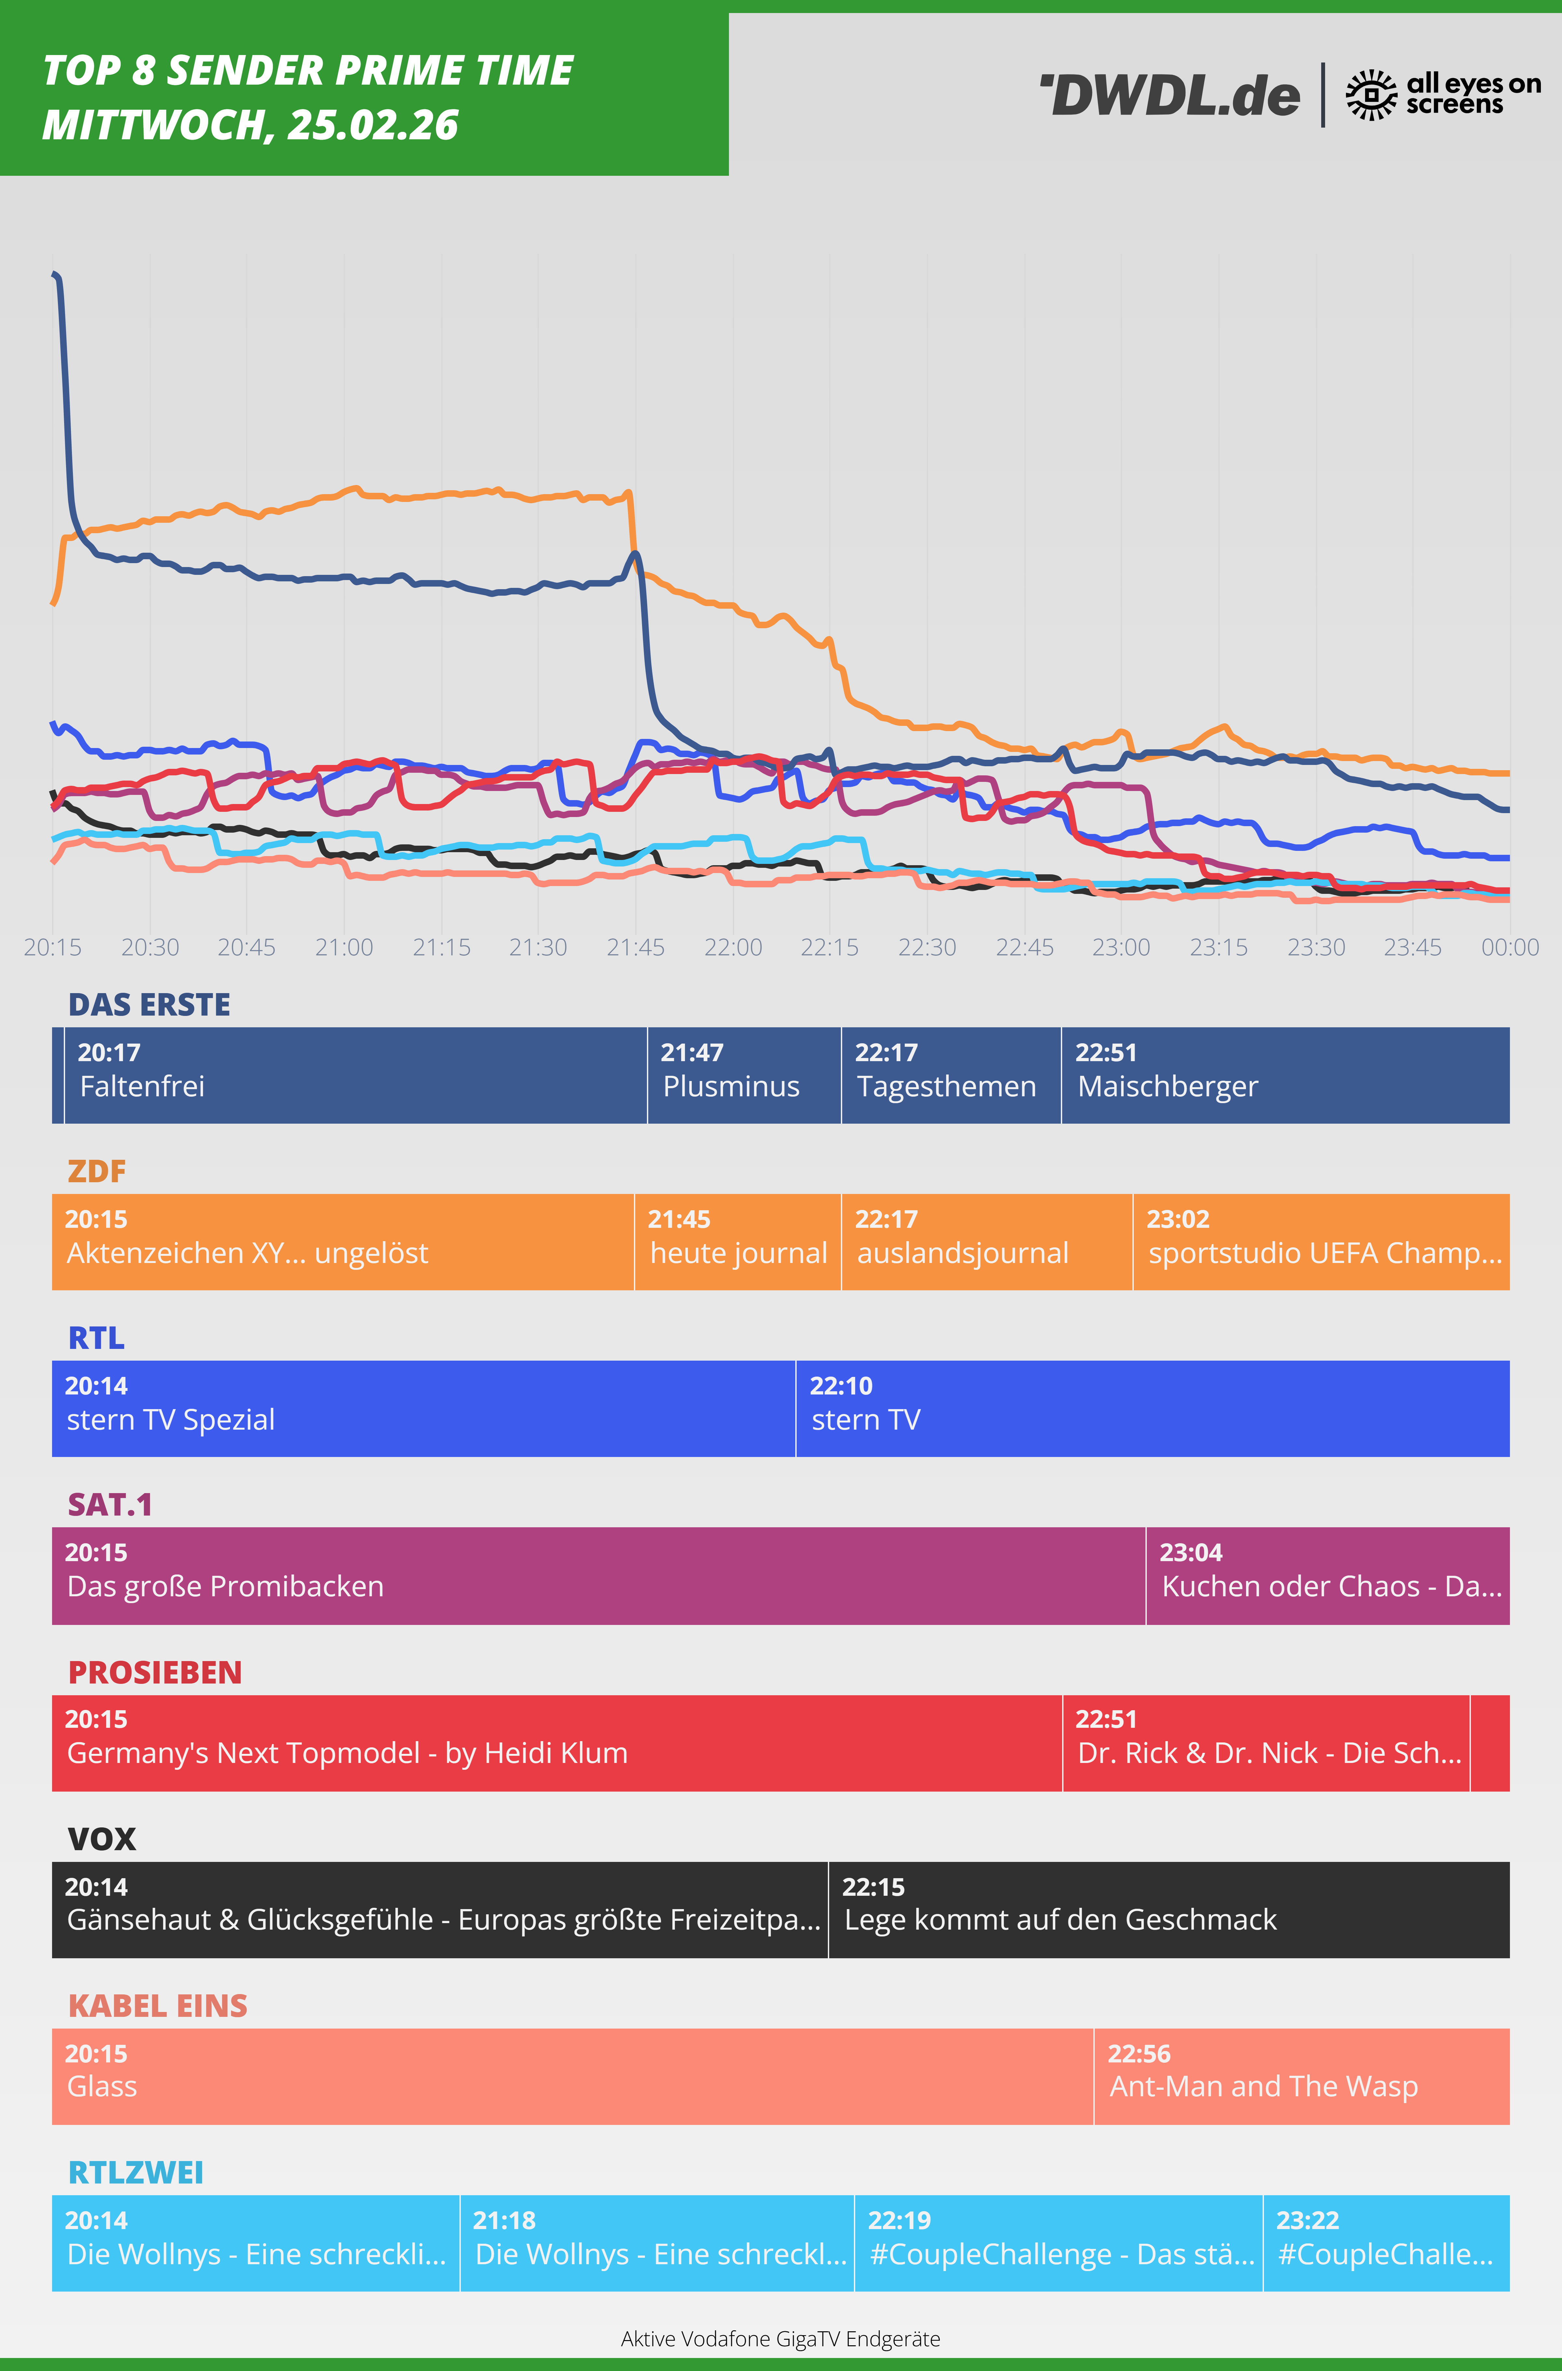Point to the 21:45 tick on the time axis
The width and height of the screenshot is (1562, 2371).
636,948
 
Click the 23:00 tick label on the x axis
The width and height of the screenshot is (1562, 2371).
1121,948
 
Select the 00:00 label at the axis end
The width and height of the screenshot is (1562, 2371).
1509,948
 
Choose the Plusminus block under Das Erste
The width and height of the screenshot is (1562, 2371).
743,1075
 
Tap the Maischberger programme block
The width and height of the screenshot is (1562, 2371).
1285,1075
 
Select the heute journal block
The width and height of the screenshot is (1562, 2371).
737,1241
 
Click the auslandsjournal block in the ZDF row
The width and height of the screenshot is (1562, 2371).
986,1241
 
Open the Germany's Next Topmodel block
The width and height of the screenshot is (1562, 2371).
556,1742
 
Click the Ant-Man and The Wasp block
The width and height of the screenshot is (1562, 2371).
1301,2076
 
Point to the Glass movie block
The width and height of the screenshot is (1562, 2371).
572,2076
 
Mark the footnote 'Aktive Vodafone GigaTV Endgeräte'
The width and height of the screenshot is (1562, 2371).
780,2338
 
